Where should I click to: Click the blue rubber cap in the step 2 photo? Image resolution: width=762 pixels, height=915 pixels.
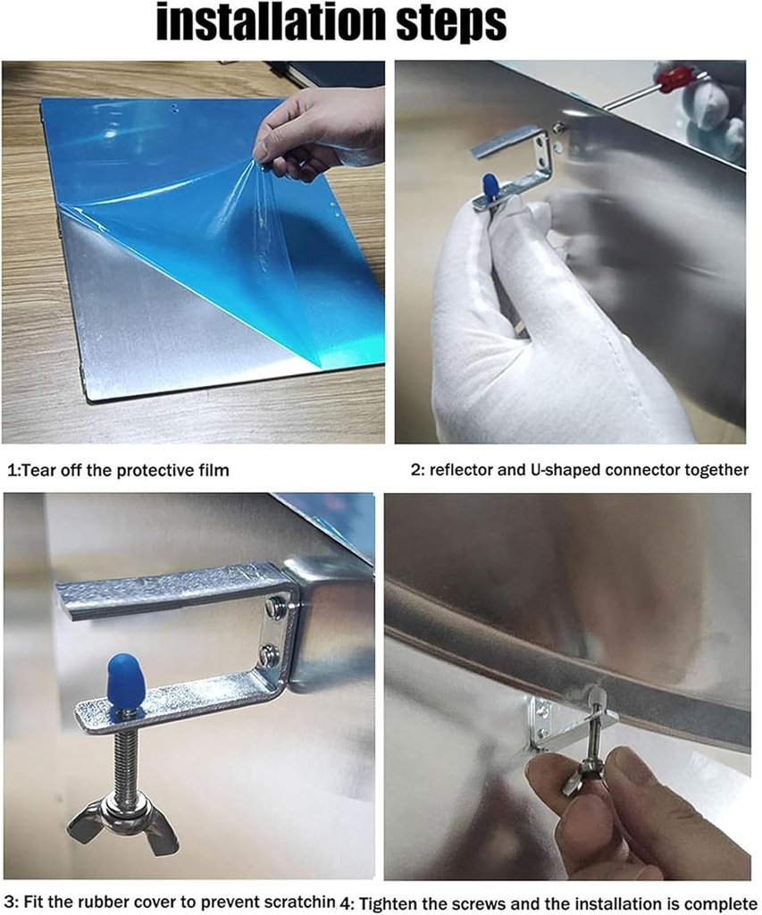(489, 186)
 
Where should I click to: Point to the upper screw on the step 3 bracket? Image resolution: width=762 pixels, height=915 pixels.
(273, 606)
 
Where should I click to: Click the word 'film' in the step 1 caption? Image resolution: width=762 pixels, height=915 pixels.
(213, 470)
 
